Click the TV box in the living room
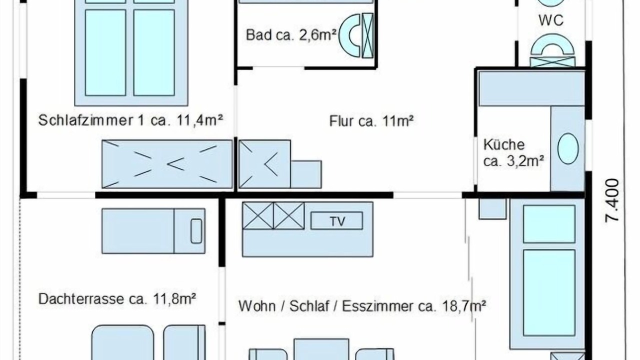point(336,220)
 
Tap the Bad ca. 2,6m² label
point(291,35)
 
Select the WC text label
point(551,20)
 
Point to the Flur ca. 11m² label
point(371,121)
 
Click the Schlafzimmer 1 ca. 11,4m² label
point(130,120)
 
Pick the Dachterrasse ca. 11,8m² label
point(117,299)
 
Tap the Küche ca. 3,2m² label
point(513,153)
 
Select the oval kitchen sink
point(568,148)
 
